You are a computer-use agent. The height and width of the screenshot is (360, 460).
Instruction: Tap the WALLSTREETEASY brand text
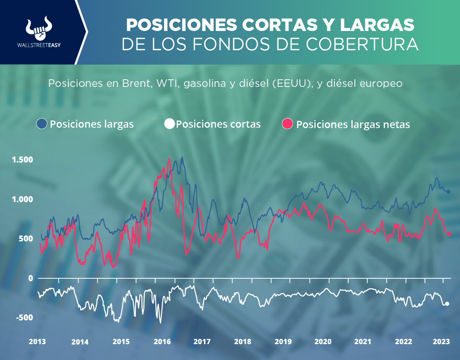39,45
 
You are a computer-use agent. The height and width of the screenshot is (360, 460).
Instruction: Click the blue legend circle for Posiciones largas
42,124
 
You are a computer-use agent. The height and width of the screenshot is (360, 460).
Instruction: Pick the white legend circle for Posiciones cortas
170,124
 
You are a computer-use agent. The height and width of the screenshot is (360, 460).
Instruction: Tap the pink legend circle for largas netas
288,124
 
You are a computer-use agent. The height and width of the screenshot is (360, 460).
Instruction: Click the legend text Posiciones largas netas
353,125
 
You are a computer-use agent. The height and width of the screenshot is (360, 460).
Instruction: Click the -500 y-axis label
25,317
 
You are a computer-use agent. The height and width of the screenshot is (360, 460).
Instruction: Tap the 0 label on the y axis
31,278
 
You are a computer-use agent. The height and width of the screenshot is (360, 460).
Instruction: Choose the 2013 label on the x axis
38,341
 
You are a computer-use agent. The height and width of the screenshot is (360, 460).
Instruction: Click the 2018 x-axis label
243,342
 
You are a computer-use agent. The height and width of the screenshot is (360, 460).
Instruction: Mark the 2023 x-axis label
441,341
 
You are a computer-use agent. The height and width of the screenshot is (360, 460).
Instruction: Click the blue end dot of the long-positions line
448,192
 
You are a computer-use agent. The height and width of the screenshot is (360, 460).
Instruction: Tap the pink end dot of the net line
449,234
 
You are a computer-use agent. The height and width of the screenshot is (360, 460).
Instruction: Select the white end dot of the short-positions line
447,304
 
